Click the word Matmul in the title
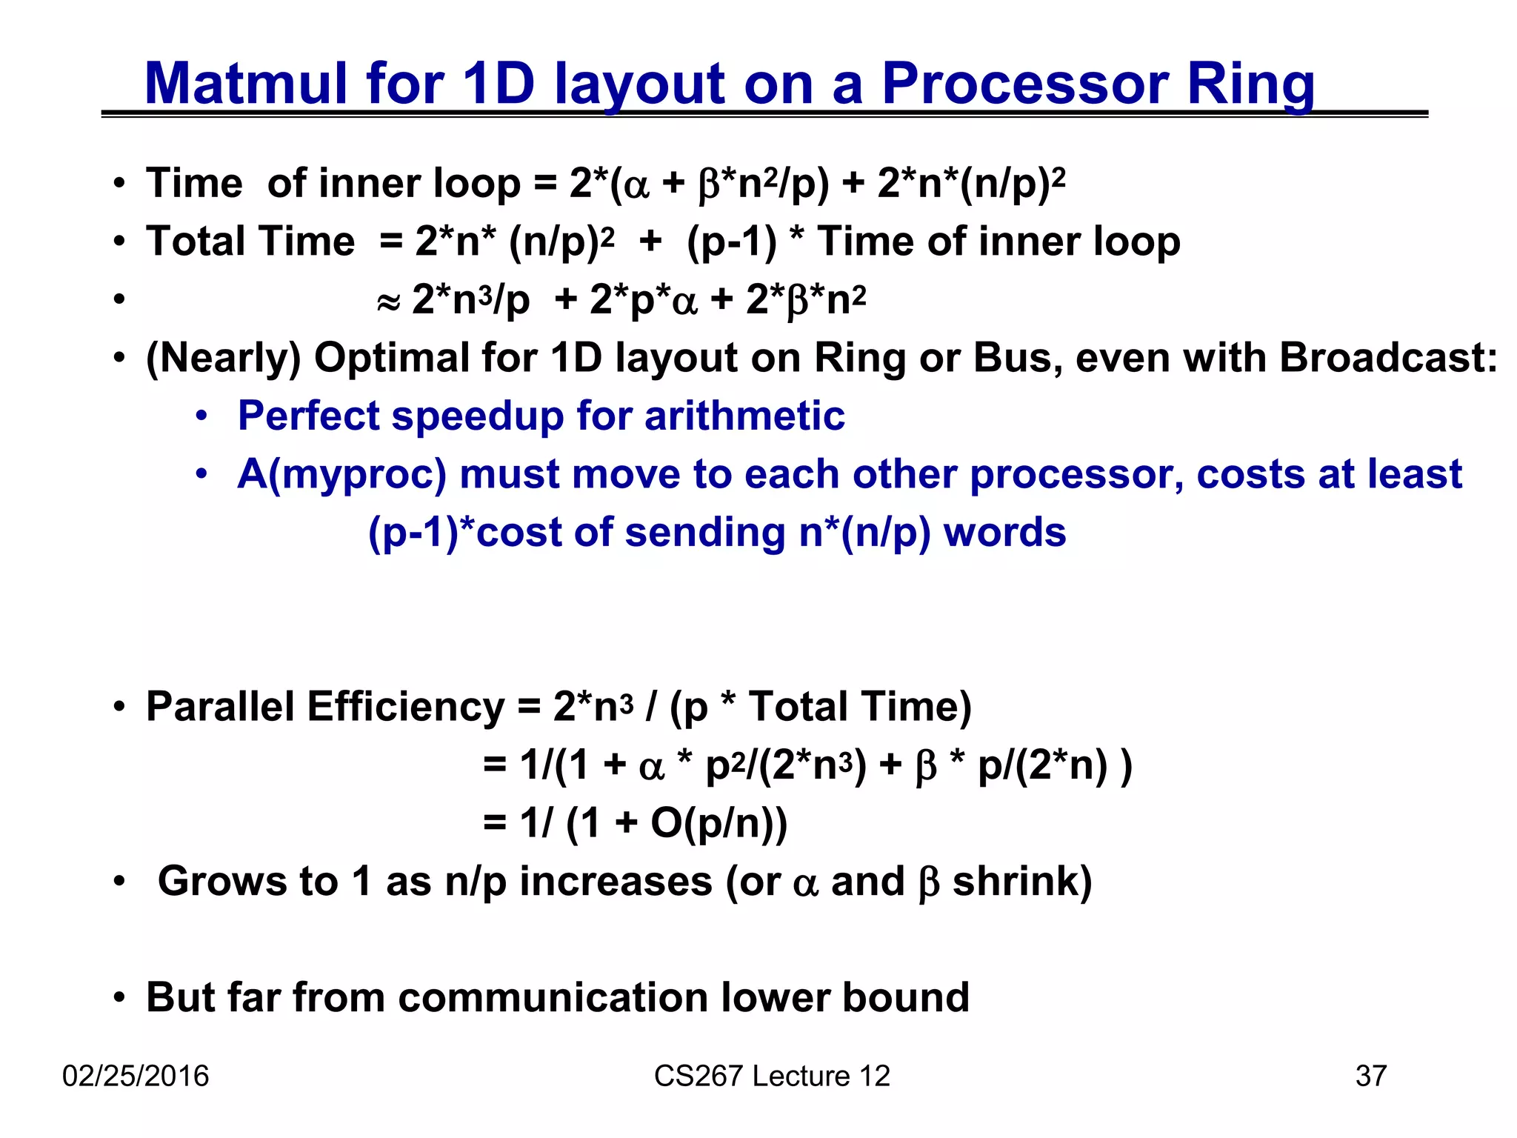pyautogui.click(x=244, y=83)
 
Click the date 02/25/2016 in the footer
pyautogui.click(x=136, y=1076)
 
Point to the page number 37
pyautogui.click(x=1370, y=1076)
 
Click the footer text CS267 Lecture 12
pyautogui.click(x=771, y=1076)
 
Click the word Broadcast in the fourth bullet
pyautogui.click(x=1387, y=358)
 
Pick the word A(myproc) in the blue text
pyautogui.click(x=341, y=474)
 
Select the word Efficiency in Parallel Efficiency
pyautogui.click(x=405, y=706)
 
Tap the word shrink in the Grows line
pyautogui.click(x=1021, y=881)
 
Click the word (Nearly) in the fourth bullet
pyautogui.click(x=223, y=358)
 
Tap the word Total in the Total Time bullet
pyautogui.click(x=194, y=242)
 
